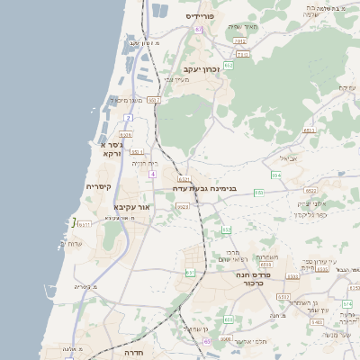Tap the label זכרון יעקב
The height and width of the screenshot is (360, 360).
202,68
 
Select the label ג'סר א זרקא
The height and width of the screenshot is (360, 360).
110,148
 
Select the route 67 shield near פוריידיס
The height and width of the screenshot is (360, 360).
198,30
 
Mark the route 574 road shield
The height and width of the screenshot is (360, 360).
346,304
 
